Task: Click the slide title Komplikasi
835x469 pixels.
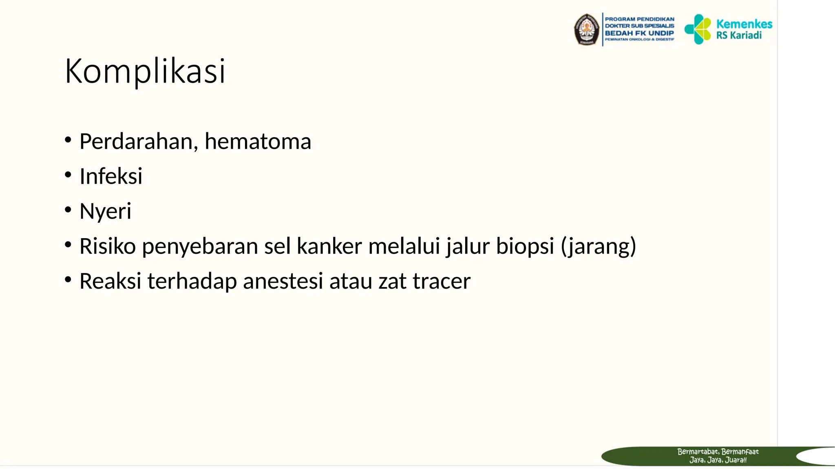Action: click(145, 71)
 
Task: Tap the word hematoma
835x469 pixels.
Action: click(258, 142)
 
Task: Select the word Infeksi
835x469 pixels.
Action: click(111, 176)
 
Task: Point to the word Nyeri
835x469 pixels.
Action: click(105, 211)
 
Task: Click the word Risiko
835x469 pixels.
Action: click(108, 246)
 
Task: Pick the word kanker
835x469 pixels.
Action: click(329, 246)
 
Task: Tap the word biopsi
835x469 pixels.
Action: click(525, 246)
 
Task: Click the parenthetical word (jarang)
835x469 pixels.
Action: click(598, 246)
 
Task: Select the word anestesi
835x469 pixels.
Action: click(283, 281)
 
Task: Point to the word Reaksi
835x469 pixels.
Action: click(110, 281)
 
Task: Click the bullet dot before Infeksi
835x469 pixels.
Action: click(68, 175)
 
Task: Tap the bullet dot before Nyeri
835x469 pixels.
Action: click(68, 210)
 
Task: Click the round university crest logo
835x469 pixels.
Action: click(587, 30)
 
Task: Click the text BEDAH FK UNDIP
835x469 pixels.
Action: click(639, 33)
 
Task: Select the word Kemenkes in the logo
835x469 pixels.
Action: click(744, 24)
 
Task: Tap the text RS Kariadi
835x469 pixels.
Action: click(739, 35)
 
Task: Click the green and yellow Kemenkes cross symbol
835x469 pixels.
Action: click(698, 29)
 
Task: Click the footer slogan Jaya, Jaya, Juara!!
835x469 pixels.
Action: click(718, 460)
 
